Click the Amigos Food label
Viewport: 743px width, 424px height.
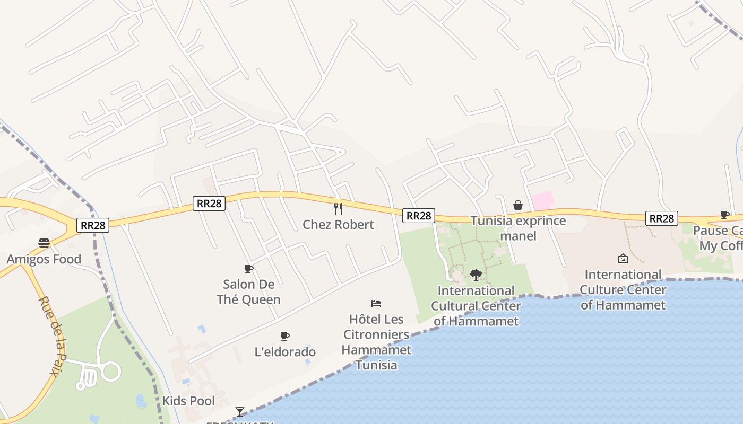pyautogui.click(x=44, y=259)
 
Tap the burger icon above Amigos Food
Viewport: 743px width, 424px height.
pyautogui.click(x=44, y=243)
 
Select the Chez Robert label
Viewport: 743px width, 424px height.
pyautogui.click(x=338, y=224)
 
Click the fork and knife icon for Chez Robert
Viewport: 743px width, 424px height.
pyautogui.click(x=338, y=208)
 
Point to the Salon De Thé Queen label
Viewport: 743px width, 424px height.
pyautogui.click(x=248, y=292)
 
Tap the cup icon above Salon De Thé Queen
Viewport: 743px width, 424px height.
pyautogui.click(x=248, y=269)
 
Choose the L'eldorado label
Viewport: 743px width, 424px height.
pyautogui.click(x=285, y=352)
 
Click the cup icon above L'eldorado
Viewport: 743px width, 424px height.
pyautogui.click(x=285, y=336)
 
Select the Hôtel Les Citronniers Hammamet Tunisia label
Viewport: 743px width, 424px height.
pyautogui.click(x=376, y=342)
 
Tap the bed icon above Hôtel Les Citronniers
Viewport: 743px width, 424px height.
pyautogui.click(x=376, y=304)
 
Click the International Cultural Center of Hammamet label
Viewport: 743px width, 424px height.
pyautogui.click(x=476, y=306)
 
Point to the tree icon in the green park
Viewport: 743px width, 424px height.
pyautogui.click(x=476, y=275)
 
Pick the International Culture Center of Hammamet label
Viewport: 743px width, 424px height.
pyautogui.click(x=623, y=289)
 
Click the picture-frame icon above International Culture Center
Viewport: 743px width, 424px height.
pyautogui.click(x=623, y=259)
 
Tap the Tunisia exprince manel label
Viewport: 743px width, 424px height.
pyautogui.click(x=518, y=228)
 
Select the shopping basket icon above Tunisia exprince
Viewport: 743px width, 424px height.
pyautogui.click(x=518, y=205)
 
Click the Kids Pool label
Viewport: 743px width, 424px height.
pyautogui.click(x=188, y=401)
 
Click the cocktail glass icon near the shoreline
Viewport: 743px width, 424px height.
pyautogui.click(x=240, y=411)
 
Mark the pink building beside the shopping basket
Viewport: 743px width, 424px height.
pyautogui.click(x=542, y=200)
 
